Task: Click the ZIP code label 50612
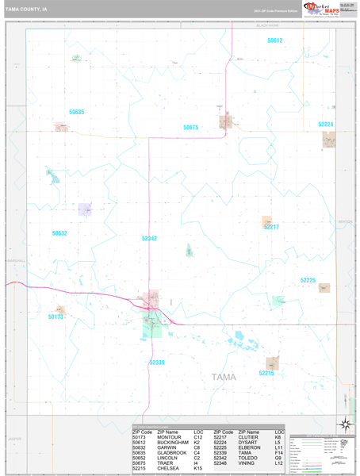point(274,40)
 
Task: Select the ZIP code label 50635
point(76,112)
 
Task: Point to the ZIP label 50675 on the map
point(190,127)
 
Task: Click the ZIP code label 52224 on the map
point(326,125)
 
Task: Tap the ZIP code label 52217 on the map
point(271,227)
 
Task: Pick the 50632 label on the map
point(59,233)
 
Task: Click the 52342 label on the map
point(149,238)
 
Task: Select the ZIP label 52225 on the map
point(308,280)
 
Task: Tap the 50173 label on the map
point(55,317)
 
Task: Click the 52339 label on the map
point(157,362)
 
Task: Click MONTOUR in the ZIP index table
point(169,437)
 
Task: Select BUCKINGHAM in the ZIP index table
point(173,442)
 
